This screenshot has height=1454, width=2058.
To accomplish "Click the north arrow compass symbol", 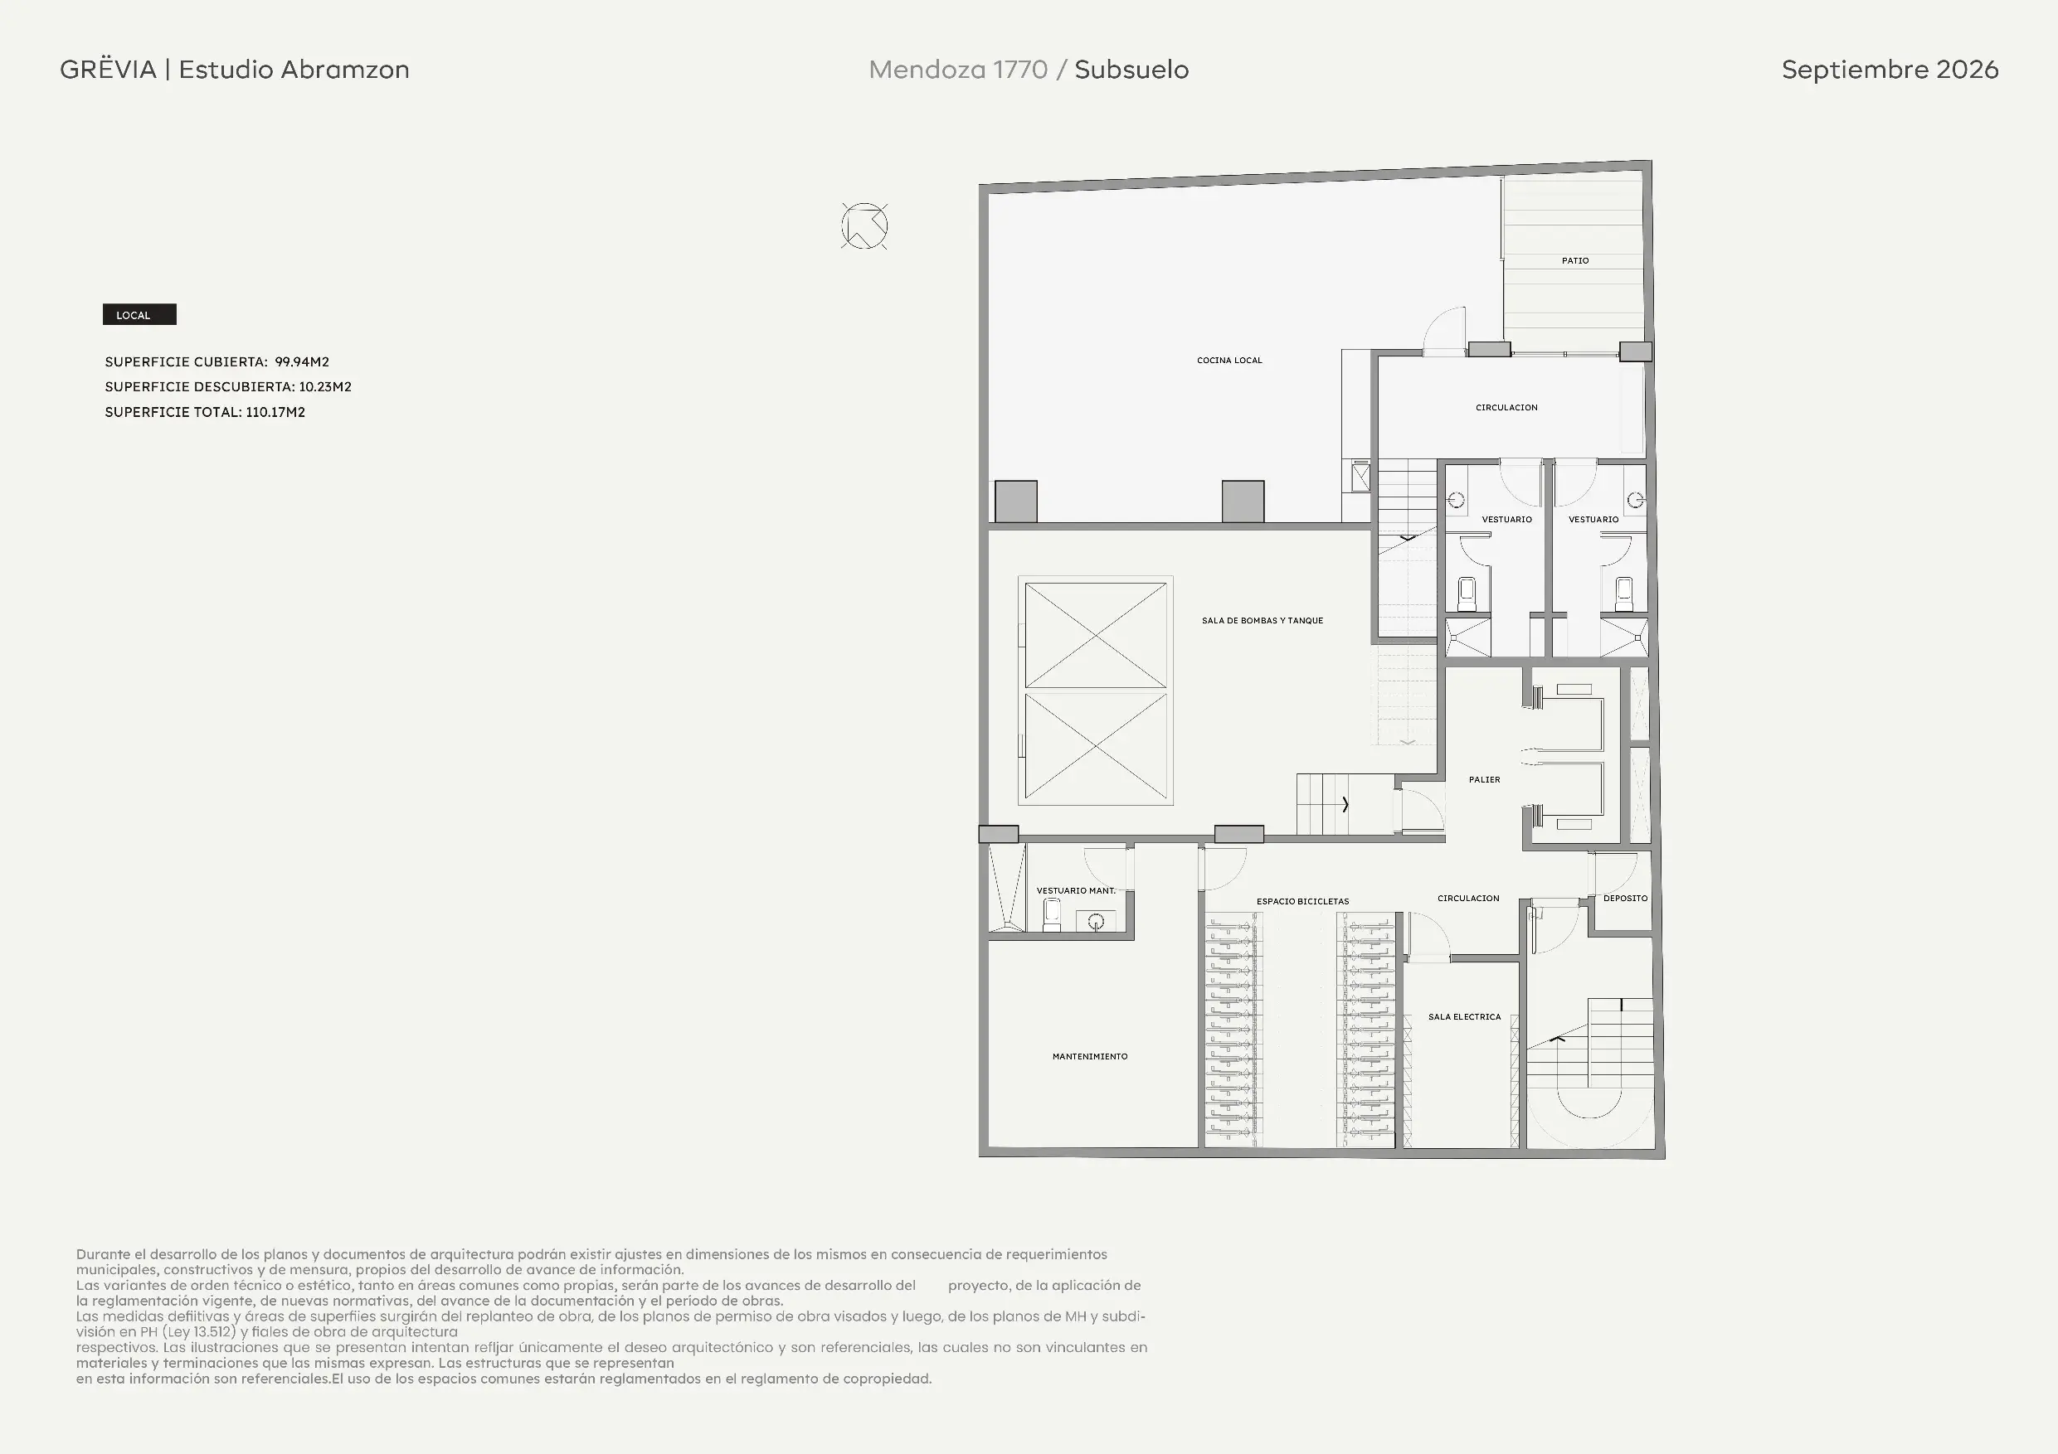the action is coord(864,225).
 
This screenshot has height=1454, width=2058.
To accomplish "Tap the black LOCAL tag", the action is coord(139,314).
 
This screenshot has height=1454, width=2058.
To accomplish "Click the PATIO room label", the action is coord(1575,260).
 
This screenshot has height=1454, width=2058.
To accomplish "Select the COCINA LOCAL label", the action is coord(1228,360).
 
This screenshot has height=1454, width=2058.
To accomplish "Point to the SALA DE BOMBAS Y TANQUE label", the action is coord(1262,620).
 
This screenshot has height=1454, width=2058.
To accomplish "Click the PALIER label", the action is coord(1484,779).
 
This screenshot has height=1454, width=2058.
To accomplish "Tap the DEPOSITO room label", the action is coord(1625,898).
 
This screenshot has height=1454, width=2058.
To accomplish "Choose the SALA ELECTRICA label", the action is coord(1464,1017).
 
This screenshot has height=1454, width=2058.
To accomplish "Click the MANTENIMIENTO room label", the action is coord(1090,1056).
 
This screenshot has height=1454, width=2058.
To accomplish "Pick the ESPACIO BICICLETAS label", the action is coord(1302,901).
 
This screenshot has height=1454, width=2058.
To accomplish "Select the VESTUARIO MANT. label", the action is coord(1076,890).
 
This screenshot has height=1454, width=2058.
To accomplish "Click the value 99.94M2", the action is coord(302,362).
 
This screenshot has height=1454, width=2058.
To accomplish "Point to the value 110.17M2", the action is coord(275,412).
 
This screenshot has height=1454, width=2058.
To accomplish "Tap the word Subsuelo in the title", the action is coord(1131,69).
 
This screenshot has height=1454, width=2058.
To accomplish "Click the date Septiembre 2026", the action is coord(1890,69).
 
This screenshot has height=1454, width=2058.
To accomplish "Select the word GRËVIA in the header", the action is coord(108,69).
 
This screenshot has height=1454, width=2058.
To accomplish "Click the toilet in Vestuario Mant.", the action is coord(1053,915).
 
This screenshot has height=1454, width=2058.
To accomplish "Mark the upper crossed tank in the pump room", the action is coord(1095,635).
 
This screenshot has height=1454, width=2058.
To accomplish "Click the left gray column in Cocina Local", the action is coord(1015,502).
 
